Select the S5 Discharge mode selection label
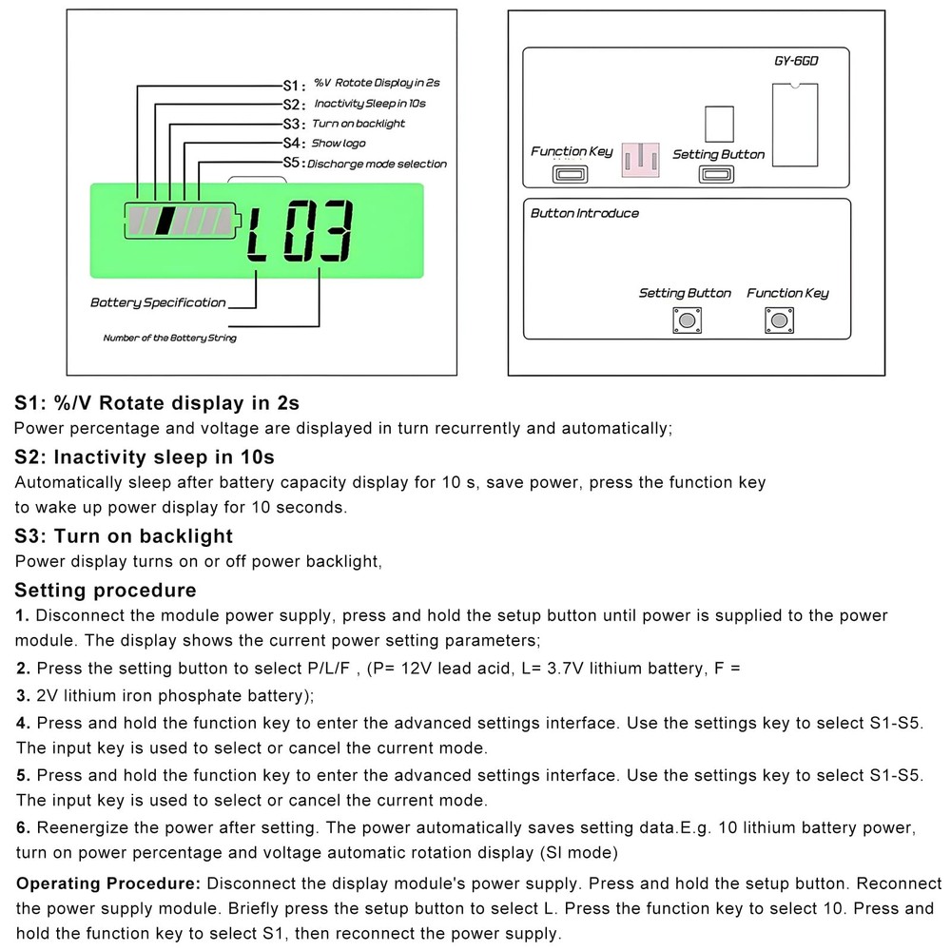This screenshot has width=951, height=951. (365, 164)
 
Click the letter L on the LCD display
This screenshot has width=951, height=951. (259, 233)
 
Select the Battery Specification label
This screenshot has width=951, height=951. (158, 302)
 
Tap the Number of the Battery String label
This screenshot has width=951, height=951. (169, 338)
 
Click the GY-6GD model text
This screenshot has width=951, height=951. (795, 62)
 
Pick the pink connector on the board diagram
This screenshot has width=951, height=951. (644, 159)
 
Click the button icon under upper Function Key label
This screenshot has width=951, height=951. (571, 174)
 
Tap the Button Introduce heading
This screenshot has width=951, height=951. (584, 213)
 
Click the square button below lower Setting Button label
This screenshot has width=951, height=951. (684, 320)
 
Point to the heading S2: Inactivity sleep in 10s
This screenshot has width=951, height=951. (145, 457)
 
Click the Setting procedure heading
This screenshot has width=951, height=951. (106, 590)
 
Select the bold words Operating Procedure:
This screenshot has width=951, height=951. (109, 883)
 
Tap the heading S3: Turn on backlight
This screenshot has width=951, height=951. (124, 536)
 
